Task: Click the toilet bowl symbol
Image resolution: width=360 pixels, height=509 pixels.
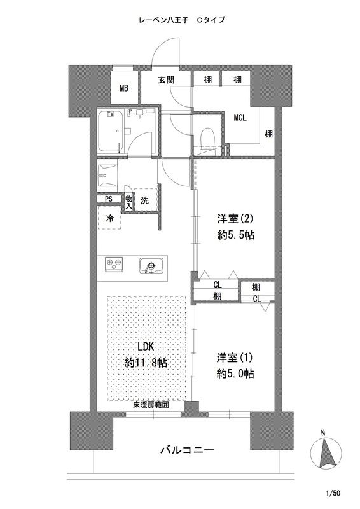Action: coord(207,138)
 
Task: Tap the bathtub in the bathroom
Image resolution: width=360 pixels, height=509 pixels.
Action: coord(111,131)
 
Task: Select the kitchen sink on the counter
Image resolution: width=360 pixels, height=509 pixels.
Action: coord(150,265)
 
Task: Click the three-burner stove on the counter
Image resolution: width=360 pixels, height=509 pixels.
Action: coord(114,263)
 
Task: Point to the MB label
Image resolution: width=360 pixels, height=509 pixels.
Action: coord(124,88)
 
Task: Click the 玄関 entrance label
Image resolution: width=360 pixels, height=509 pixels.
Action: coord(167,80)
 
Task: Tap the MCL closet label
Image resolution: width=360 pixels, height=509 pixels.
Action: coord(240,118)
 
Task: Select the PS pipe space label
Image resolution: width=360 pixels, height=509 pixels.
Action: coord(108,199)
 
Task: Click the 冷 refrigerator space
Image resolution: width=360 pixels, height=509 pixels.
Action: coord(110,218)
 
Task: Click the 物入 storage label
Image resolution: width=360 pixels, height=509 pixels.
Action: coord(129,202)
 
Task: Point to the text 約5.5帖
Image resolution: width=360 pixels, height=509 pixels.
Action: coord(236,235)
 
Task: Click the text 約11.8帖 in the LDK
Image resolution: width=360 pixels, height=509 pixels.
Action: coord(146,363)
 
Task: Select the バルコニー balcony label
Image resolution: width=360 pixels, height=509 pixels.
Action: coord(187,450)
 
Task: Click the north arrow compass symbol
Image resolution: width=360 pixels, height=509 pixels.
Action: coord(326,453)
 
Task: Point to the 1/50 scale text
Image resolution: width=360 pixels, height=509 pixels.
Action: coord(333,493)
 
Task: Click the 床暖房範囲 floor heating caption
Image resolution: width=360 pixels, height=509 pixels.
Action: coord(151,405)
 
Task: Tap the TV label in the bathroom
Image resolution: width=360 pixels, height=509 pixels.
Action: coord(111,114)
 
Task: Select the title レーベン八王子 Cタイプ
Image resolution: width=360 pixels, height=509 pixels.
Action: coord(181,20)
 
